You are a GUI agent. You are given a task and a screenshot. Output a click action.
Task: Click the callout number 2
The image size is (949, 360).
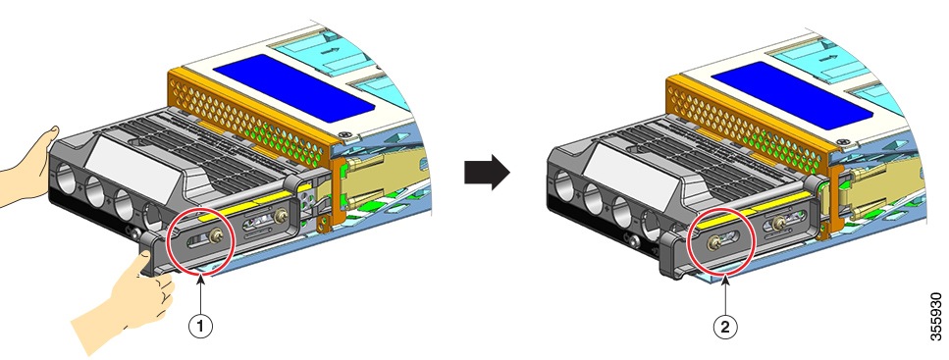pos(724,328)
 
